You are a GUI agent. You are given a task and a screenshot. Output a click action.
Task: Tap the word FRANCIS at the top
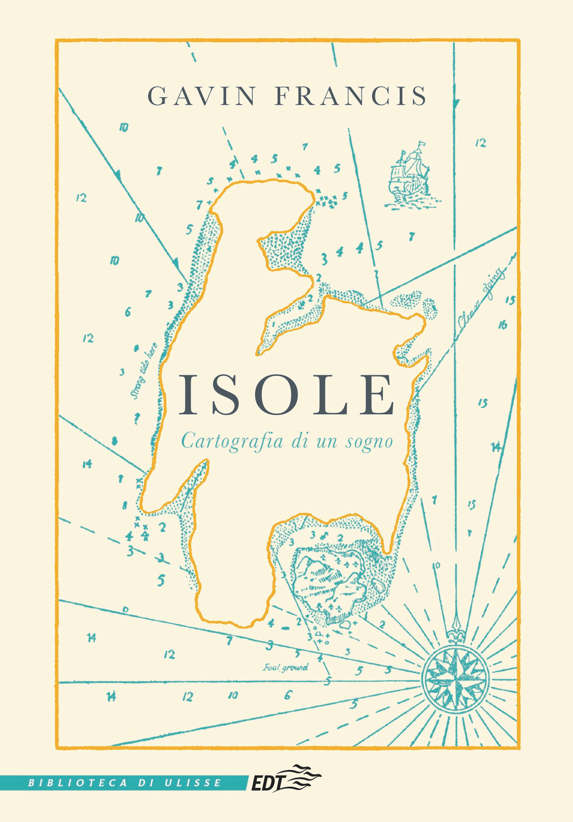point(351,96)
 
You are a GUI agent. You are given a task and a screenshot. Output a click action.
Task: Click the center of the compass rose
point(456,677)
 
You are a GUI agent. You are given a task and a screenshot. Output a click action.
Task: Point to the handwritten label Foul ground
point(285,667)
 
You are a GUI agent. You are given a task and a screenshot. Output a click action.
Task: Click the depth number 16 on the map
point(503,325)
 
